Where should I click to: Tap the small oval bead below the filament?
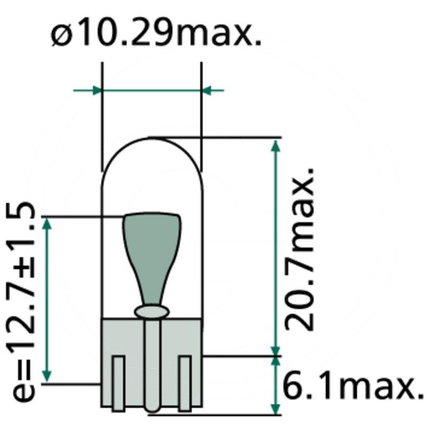(152, 311)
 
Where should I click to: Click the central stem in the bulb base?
(152, 363)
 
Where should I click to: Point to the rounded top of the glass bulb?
(152, 140)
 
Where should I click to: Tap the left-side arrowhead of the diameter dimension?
(96, 90)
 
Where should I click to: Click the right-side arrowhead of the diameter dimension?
(208, 90)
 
